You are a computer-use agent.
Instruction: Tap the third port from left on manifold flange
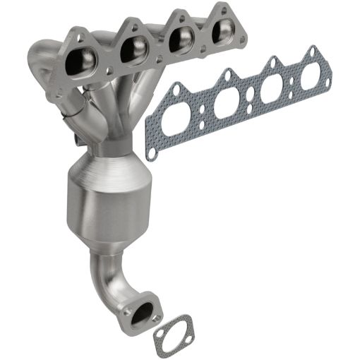(x=179, y=40)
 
